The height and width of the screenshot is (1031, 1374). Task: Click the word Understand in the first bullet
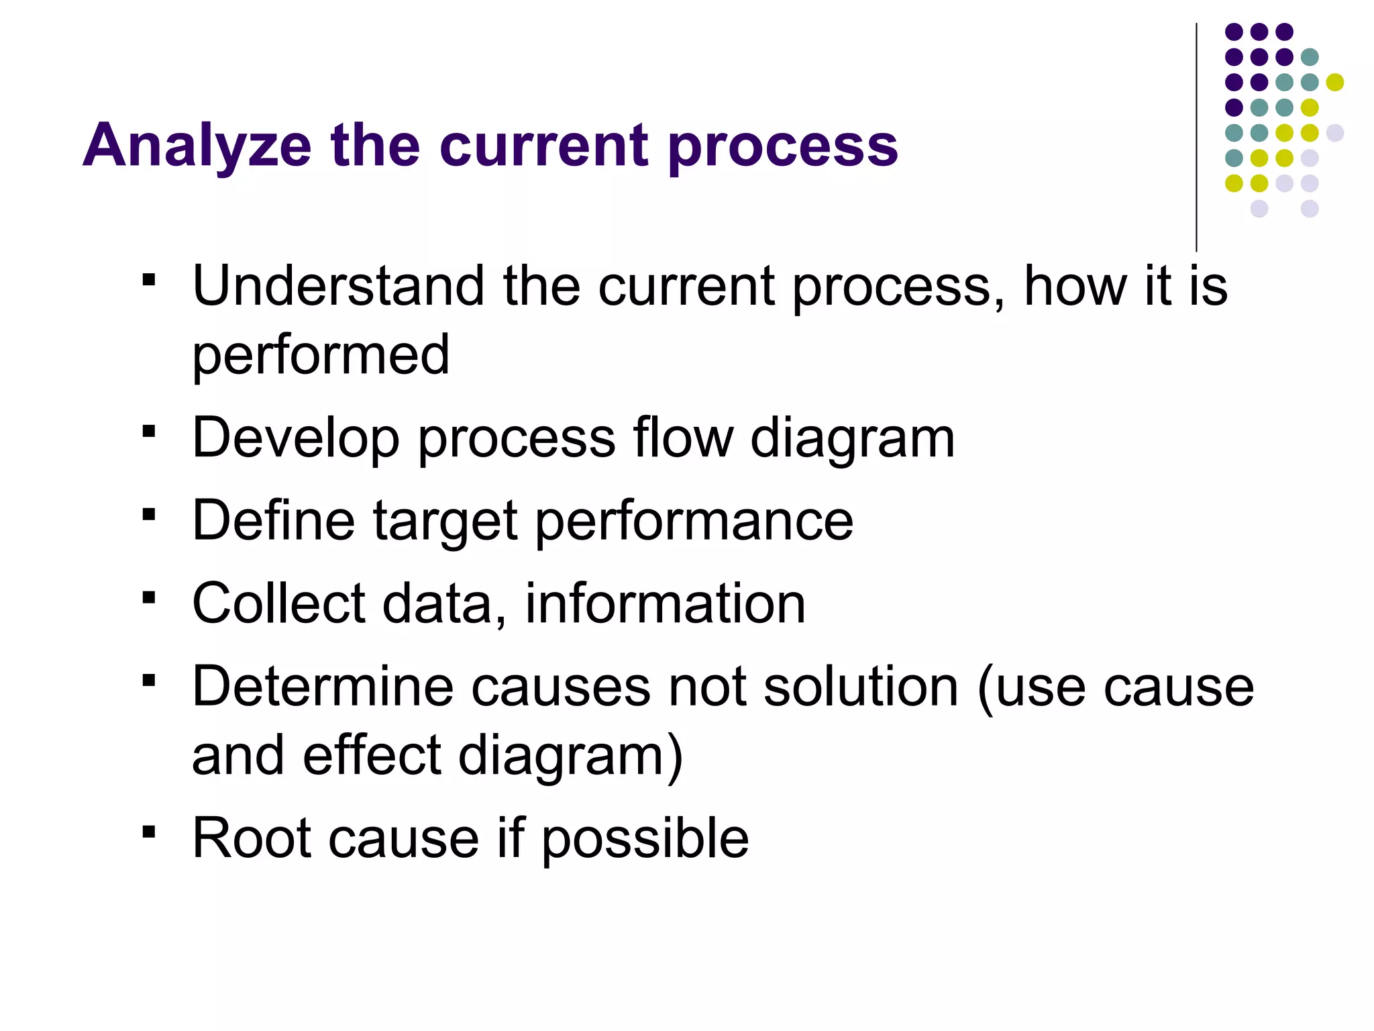pyautogui.click(x=338, y=287)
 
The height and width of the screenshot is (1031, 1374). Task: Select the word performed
pyautogui.click(x=321, y=356)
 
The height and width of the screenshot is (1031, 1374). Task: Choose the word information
pyautogui.click(x=665, y=603)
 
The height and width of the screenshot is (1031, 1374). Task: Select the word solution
pyautogui.click(x=861, y=687)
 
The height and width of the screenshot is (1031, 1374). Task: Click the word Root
pyautogui.click(x=252, y=838)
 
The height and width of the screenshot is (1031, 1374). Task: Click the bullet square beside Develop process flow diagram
pyautogui.click(x=149, y=431)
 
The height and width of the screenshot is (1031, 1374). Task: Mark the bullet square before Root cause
pyautogui.click(x=149, y=832)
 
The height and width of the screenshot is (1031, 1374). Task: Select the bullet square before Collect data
pyautogui.click(x=149, y=597)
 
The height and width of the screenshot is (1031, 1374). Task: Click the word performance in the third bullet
pyautogui.click(x=694, y=522)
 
